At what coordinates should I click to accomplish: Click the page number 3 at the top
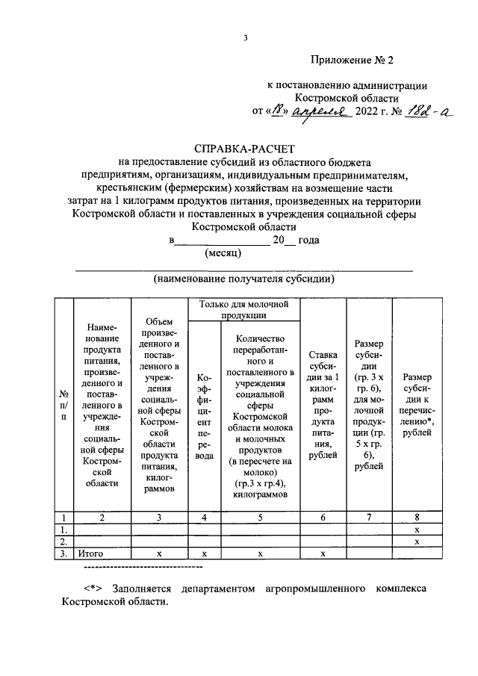point(244,38)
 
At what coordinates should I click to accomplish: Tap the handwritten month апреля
point(322,112)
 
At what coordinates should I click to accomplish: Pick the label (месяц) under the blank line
point(222,254)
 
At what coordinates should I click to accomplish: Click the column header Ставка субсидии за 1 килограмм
point(323,396)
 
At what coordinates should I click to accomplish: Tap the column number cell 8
point(416,517)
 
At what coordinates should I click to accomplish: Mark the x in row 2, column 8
point(416,542)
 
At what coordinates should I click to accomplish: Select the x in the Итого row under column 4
point(203,554)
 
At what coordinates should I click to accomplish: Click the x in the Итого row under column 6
point(323,554)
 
